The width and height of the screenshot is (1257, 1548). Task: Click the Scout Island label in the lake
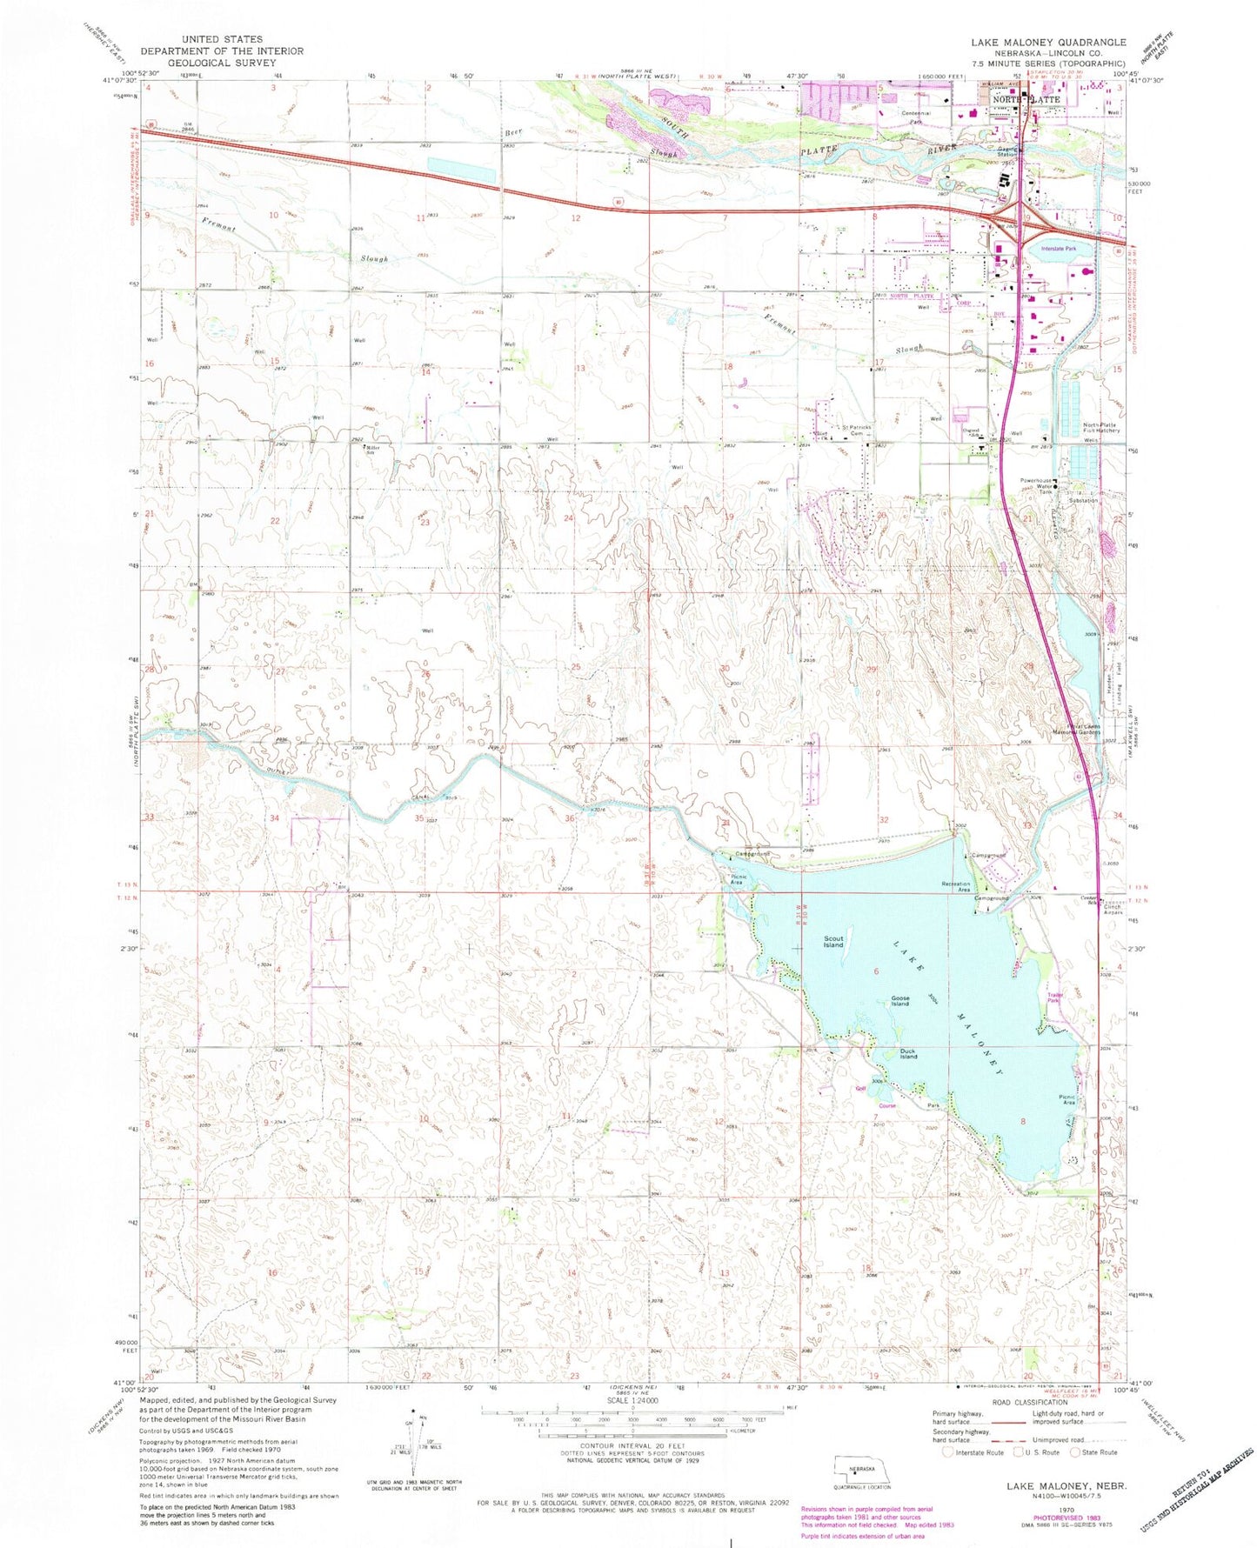pos(832,942)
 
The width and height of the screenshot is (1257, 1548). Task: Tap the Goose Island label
pos(899,1001)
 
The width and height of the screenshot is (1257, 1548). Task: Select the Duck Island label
pos(908,1053)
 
